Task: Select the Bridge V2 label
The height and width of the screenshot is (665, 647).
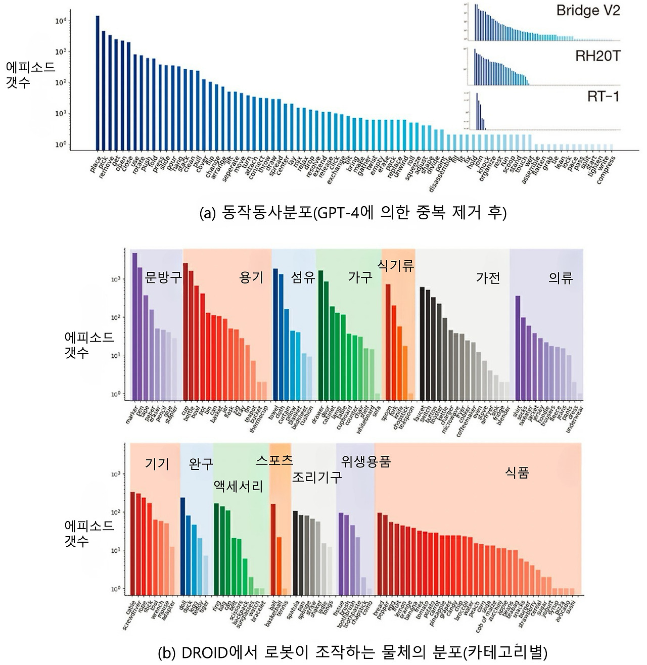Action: point(588,11)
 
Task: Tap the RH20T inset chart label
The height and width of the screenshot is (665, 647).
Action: point(597,56)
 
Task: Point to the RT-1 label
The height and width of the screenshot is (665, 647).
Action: point(603,97)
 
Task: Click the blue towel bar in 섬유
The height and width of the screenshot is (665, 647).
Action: point(275,334)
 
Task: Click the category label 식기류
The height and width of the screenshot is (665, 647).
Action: point(396,265)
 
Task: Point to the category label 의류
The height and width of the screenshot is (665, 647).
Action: point(561,277)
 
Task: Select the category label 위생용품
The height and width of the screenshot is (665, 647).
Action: point(366,461)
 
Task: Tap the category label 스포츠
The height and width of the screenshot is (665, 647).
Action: point(274,460)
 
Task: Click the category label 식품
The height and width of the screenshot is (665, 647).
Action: point(517,472)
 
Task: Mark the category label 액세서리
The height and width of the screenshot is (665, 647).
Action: point(239,486)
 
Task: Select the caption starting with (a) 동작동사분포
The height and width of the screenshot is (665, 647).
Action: point(353,213)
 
